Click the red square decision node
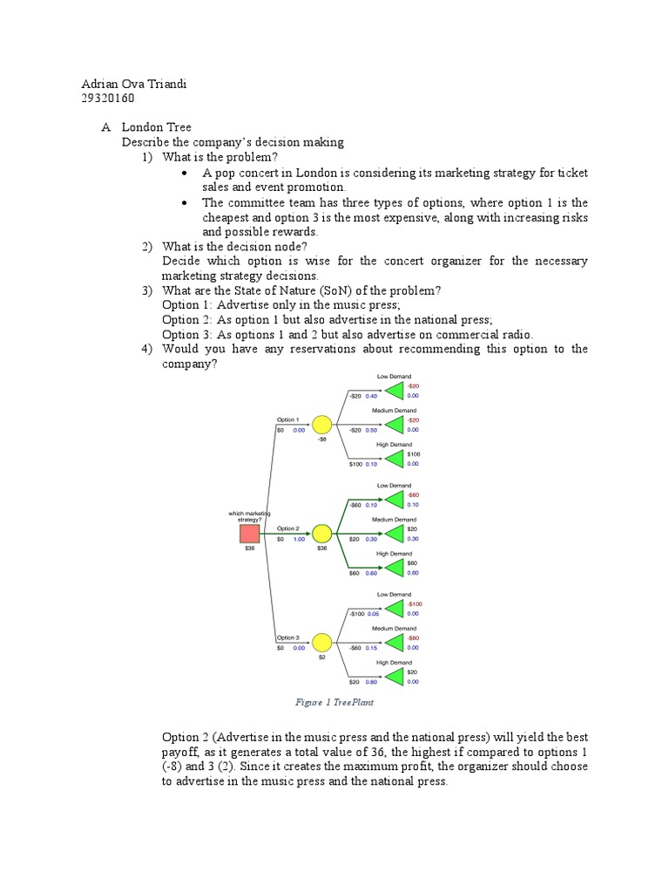click(250, 535)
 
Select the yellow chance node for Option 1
click(321, 425)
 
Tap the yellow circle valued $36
click(321, 534)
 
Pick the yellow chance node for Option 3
click(321, 643)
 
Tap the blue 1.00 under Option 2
click(299, 540)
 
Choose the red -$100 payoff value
click(414, 603)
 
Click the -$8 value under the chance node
click(321, 440)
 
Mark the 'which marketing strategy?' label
click(249, 516)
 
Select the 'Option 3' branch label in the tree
click(288, 637)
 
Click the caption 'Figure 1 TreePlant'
click(334, 702)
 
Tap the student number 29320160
click(110, 99)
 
